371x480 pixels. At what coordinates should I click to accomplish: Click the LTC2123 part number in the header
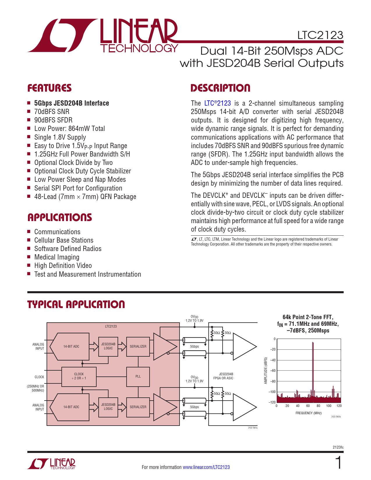point(320,35)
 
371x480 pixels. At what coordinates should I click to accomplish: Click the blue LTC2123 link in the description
point(217,103)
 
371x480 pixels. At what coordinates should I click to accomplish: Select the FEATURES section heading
point(49,88)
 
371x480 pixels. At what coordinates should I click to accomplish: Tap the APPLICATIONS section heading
point(60,217)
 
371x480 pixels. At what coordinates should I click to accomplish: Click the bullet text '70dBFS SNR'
point(52,112)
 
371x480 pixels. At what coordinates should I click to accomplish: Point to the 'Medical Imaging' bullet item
point(57,257)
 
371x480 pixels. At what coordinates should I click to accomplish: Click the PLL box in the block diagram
point(138,376)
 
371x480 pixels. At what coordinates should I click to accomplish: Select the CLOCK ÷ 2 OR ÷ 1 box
point(79,376)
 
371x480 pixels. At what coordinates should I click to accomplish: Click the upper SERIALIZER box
point(138,346)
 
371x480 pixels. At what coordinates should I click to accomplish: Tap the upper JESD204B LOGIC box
point(108,346)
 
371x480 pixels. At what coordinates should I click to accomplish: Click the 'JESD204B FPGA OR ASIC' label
point(223,376)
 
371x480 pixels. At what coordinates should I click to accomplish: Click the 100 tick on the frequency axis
point(329,406)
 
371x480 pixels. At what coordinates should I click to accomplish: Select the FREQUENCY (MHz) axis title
point(308,413)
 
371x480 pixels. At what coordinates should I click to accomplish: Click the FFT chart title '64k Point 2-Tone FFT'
point(308,317)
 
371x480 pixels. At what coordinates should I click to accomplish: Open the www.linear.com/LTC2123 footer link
point(206,467)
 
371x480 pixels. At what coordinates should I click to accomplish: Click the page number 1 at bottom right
point(338,463)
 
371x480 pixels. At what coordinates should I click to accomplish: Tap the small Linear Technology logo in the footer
point(52,464)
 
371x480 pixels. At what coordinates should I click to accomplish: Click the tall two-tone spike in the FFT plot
point(313,369)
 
